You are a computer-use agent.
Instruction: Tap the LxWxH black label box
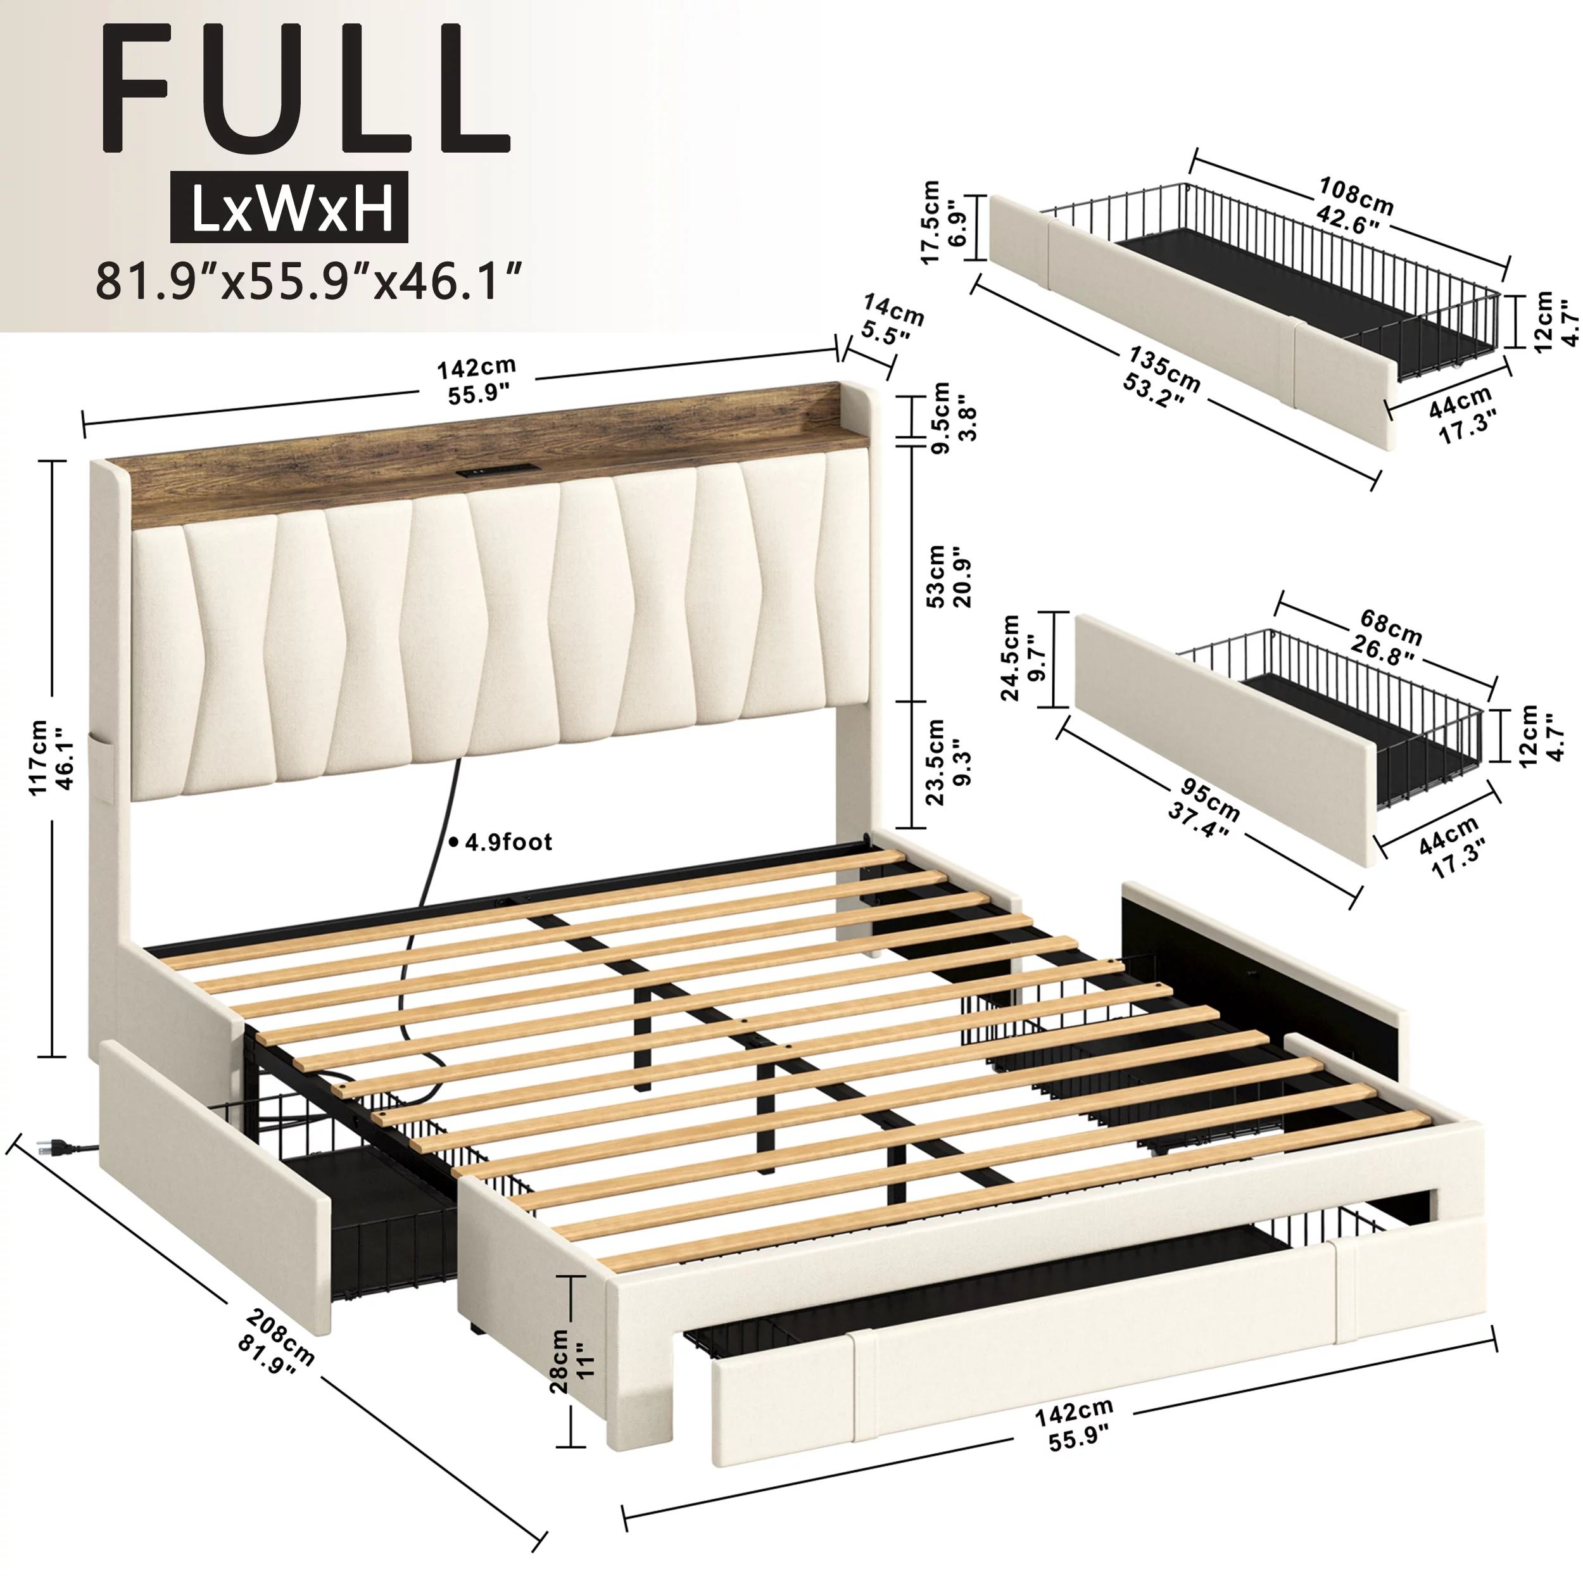point(289,206)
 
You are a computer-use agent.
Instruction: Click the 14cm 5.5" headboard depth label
point(890,320)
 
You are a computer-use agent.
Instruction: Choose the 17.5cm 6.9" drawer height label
point(945,222)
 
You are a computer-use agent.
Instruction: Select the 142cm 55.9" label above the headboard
point(477,381)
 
